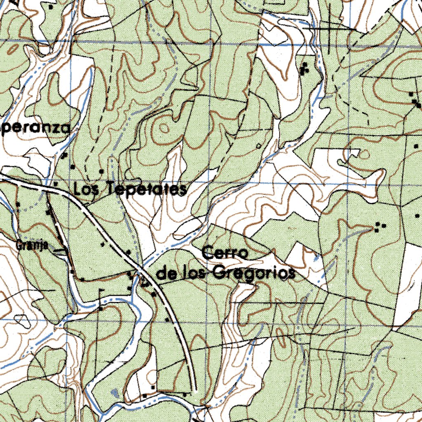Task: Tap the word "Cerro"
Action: [x=224, y=253]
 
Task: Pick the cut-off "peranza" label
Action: [x=35, y=128]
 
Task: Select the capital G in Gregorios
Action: [x=220, y=273]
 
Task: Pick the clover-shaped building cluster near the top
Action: [x=305, y=69]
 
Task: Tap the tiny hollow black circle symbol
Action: [x=258, y=145]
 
